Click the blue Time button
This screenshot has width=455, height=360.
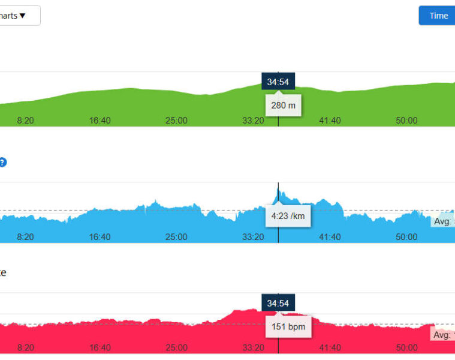click(x=438, y=16)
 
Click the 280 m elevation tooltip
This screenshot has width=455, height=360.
click(x=283, y=105)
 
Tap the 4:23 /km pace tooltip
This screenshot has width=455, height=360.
click(x=288, y=215)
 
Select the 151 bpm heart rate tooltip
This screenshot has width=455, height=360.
click(x=288, y=327)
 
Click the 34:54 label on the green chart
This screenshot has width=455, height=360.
click(x=278, y=82)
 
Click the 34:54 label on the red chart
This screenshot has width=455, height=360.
click(x=278, y=302)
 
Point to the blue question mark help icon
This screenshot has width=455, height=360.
click(x=2, y=162)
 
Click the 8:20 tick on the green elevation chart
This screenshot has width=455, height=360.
click(x=25, y=121)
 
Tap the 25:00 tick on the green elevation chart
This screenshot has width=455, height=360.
click(x=176, y=121)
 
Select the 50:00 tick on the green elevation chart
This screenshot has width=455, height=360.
click(x=406, y=121)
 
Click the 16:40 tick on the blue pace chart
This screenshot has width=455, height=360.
click(x=100, y=237)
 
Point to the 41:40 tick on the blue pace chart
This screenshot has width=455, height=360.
click(x=330, y=237)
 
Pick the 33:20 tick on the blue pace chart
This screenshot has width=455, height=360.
click(x=253, y=237)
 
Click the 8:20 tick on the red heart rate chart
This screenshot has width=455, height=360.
click(x=25, y=347)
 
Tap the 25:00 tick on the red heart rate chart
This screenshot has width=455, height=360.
click(x=176, y=347)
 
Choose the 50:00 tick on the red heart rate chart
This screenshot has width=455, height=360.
click(x=406, y=347)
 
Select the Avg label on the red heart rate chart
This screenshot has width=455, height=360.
click(x=442, y=335)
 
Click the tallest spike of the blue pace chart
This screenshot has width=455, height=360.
click(x=278, y=191)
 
